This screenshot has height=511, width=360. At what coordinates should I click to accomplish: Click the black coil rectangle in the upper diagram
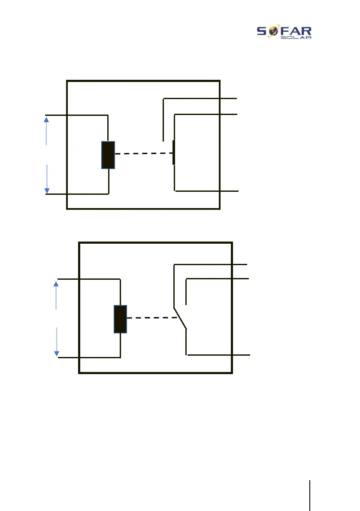108,155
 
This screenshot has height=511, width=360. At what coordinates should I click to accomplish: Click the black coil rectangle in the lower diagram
120,319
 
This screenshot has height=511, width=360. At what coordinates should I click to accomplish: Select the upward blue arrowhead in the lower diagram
57,284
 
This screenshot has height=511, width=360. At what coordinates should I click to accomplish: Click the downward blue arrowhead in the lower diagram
57,353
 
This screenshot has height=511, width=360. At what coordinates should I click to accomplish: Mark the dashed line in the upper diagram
144,154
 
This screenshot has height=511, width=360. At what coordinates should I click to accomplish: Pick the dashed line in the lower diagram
152,318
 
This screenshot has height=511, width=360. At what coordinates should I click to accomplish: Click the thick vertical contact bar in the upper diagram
174,152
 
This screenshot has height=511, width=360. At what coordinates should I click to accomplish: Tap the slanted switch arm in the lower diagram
180,318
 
